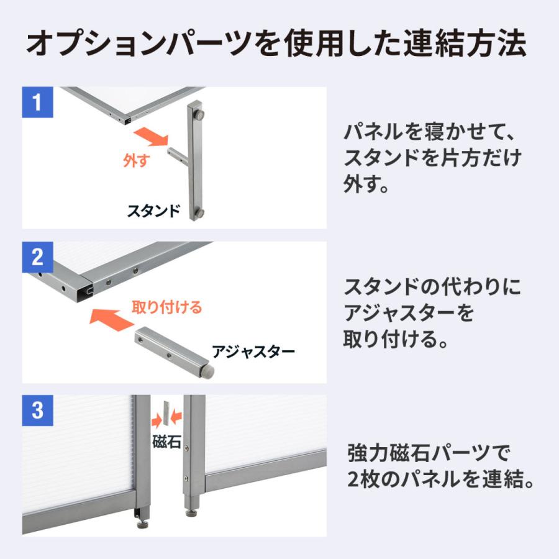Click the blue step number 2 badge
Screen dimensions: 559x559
[x=38, y=257]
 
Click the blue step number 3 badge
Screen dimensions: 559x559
[x=38, y=410]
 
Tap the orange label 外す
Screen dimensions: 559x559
[x=137, y=161]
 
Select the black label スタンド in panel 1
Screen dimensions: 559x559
[x=153, y=210]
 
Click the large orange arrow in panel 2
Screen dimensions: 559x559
[x=112, y=319]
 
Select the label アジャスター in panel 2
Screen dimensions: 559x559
[x=253, y=352]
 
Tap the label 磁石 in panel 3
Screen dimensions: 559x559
[x=166, y=442]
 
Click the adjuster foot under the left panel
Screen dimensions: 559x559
[x=142, y=517]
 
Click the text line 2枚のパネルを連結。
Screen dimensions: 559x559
[x=442, y=479]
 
